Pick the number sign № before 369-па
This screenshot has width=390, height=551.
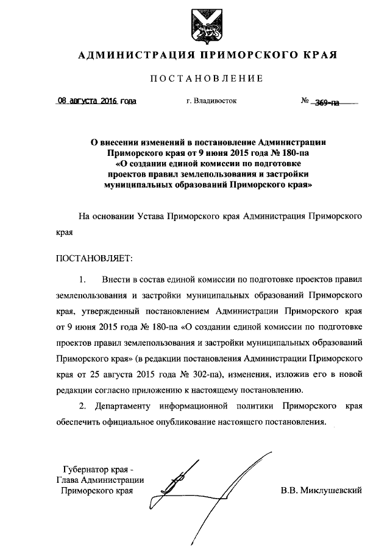click(x=306, y=102)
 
